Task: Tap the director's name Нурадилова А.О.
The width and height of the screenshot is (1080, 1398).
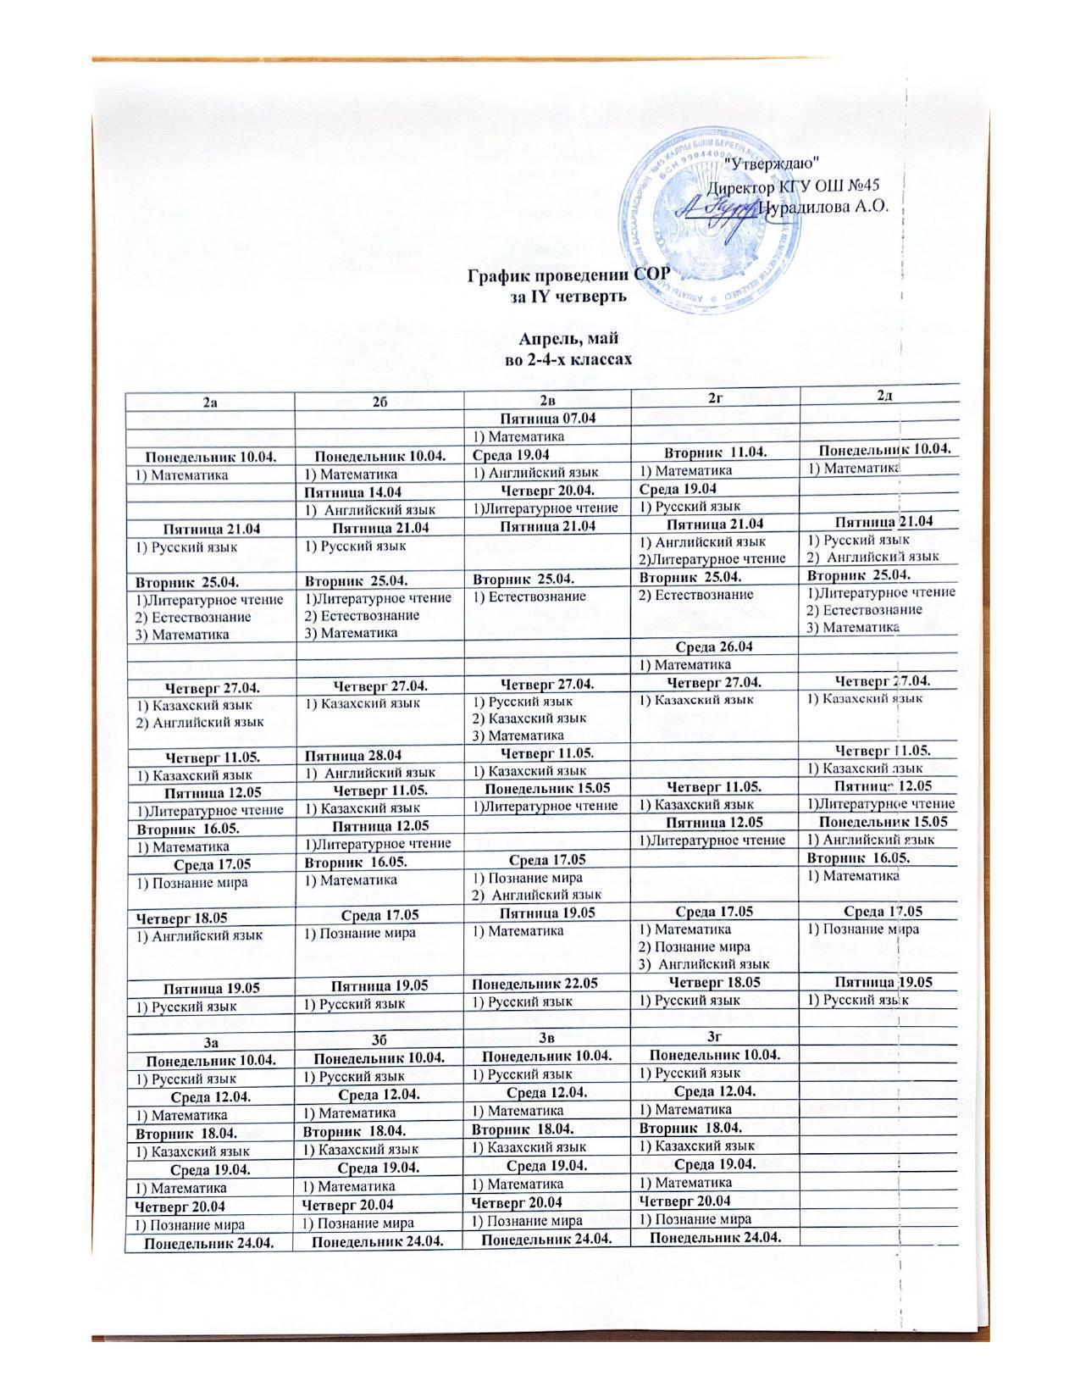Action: tap(822, 207)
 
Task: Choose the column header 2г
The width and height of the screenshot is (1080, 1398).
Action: tap(716, 402)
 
